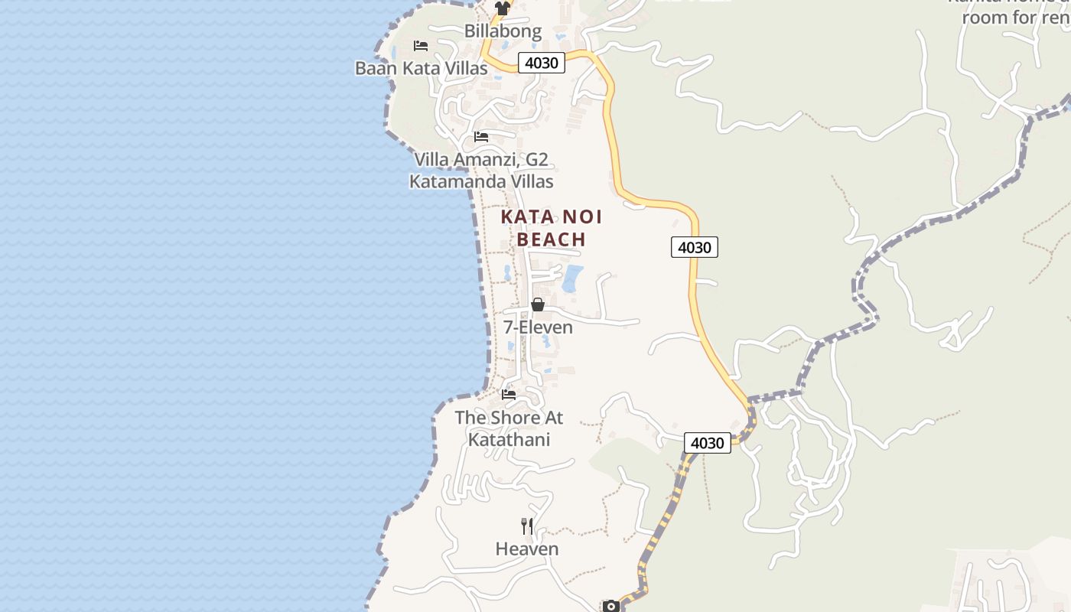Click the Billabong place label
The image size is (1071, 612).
[x=503, y=31]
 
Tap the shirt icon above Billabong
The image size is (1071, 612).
[x=502, y=8]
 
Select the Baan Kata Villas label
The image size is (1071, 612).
[x=421, y=68]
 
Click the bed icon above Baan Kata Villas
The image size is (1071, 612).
[x=421, y=46]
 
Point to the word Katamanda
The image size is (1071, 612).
[x=453, y=182]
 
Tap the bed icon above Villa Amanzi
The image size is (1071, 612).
[x=481, y=137]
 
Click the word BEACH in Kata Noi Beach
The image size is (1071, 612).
[x=551, y=239]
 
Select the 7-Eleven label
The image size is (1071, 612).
[x=538, y=327]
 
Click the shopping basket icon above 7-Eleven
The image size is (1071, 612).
[x=538, y=304]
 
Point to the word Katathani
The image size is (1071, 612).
[x=509, y=440]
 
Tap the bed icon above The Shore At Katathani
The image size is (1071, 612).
[x=509, y=395]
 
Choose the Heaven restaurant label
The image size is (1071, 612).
[x=527, y=549]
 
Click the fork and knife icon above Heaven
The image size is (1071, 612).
[x=527, y=526]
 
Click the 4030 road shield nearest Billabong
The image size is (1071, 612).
[x=542, y=63]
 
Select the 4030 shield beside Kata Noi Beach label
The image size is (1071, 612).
[x=695, y=247]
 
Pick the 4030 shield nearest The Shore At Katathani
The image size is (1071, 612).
[x=707, y=443]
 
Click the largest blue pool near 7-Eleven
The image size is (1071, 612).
[x=572, y=278]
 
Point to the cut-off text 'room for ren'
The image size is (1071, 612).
[x=1016, y=18]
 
